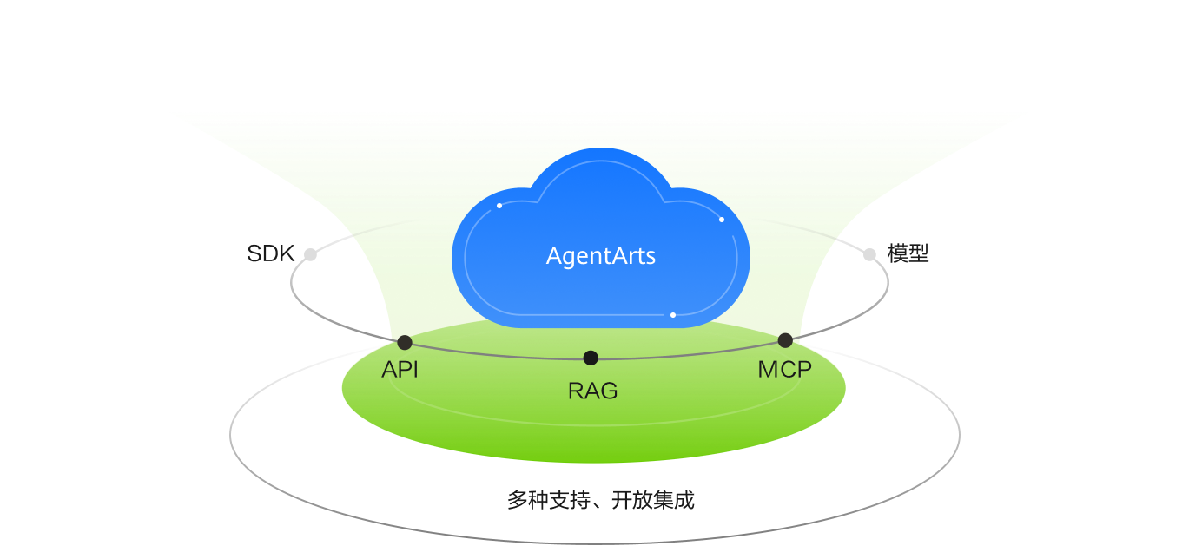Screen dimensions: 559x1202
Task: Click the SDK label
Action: pyautogui.click(x=270, y=254)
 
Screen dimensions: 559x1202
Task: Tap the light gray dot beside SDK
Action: pyautogui.click(x=310, y=254)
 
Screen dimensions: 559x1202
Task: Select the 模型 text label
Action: pyautogui.click(x=908, y=254)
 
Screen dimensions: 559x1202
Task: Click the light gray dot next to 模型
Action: pyautogui.click(x=869, y=254)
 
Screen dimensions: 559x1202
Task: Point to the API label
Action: pyautogui.click(x=400, y=370)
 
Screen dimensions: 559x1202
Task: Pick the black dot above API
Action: pyautogui.click(x=405, y=342)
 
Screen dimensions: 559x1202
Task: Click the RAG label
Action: pyautogui.click(x=592, y=391)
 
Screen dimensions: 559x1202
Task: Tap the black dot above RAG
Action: pyautogui.click(x=591, y=358)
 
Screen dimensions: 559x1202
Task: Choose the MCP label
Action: pyautogui.click(x=784, y=370)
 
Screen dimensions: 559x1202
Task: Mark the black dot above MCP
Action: pyautogui.click(x=785, y=340)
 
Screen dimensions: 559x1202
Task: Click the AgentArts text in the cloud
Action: pyautogui.click(x=600, y=257)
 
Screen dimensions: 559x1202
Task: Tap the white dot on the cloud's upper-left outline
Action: pyautogui.click(x=499, y=206)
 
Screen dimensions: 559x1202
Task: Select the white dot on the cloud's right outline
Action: pyautogui.click(x=722, y=220)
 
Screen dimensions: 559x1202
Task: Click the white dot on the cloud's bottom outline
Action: pyautogui.click(x=673, y=315)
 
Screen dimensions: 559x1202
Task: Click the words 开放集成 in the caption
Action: pyautogui.click(x=652, y=501)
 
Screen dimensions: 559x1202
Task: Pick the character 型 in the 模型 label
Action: pyautogui.click(x=919, y=254)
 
